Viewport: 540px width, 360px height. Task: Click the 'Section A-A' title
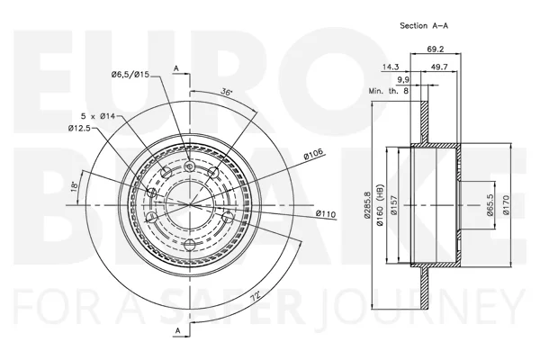(424, 25)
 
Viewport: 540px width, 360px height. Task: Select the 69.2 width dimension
(436, 49)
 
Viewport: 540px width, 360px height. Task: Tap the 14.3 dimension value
(391, 67)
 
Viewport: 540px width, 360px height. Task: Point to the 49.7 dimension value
(439, 67)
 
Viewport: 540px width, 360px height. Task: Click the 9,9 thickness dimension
(403, 80)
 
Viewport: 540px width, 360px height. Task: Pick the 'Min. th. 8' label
(389, 91)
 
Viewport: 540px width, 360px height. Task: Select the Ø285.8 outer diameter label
(367, 204)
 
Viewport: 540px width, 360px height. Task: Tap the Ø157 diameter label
(394, 205)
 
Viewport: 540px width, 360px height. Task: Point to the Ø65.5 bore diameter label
(490, 204)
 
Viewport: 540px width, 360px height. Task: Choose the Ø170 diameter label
(506, 205)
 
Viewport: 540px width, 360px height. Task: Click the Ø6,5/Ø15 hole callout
(130, 74)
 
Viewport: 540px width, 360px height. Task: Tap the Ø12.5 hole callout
(79, 129)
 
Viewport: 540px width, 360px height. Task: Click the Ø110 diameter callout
(326, 214)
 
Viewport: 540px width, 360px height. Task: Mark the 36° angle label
(226, 92)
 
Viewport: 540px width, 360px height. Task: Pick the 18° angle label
(74, 186)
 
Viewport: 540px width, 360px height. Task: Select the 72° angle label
(255, 295)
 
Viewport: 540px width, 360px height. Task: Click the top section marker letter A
(176, 68)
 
